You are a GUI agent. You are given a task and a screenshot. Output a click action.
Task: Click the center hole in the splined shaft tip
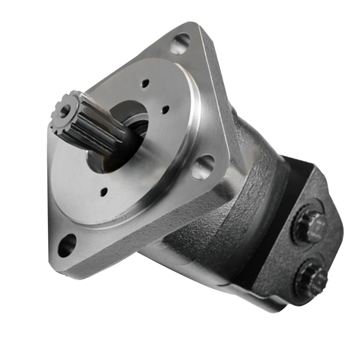click(x=65, y=111)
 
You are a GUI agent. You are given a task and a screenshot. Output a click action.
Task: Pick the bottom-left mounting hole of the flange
click(x=67, y=244)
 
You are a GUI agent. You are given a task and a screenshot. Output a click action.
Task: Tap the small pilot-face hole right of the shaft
click(x=164, y=110)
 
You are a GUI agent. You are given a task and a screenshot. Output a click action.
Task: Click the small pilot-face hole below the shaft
click(x=104, y=191)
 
